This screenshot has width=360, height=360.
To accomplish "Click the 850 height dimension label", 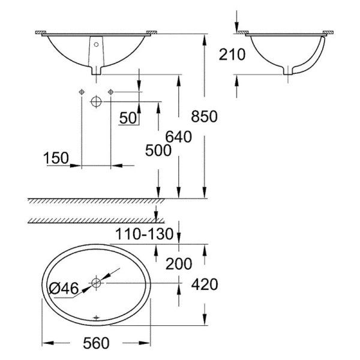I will point(204,116).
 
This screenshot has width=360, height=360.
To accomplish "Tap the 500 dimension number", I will point(157,151).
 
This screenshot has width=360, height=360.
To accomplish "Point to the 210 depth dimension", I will point(233,55).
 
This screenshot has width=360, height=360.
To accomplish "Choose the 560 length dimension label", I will point(98,343).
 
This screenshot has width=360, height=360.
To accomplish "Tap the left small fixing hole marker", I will point(81,91).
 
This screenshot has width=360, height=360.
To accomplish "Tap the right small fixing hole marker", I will point(111,91).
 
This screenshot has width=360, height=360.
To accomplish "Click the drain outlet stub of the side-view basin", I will point(289,71).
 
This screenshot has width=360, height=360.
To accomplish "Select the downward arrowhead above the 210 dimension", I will point(237,27).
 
